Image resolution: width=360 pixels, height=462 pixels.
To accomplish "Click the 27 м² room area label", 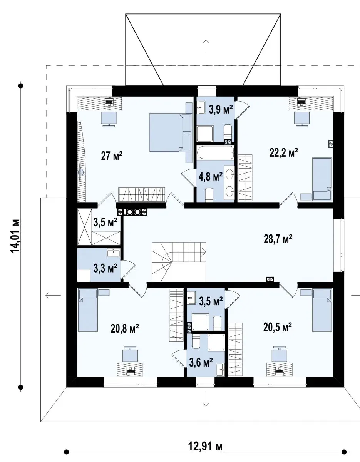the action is pos(112,156).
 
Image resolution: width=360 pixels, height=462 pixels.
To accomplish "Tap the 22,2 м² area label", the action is pos(284,153).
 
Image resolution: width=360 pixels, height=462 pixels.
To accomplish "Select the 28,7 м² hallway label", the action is pos(278,239).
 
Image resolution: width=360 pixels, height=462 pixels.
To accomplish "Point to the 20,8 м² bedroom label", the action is pos(125,328).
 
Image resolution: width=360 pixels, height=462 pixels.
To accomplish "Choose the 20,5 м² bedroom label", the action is pos(278,327).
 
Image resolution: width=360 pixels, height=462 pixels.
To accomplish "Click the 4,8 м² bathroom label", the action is pos(211,176).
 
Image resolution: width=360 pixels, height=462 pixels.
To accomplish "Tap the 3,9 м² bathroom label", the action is pos(221,109).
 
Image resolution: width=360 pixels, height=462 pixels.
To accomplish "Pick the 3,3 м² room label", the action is pos(105,268).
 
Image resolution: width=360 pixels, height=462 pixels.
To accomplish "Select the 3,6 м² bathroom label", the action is pos(201,363).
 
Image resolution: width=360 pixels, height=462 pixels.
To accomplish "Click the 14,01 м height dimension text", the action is pos(15,236).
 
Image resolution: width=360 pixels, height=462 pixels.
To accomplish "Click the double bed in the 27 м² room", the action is pos(166,133).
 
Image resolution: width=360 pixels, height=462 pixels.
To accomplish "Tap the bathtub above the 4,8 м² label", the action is pos(216,152).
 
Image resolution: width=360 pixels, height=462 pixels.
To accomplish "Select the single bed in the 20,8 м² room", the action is pos(88,310).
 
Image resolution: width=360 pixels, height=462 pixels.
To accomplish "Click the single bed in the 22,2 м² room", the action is pos(322,179).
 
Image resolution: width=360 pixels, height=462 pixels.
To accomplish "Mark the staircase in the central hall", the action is pos(179,262).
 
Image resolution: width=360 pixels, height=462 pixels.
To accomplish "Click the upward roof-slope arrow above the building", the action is pos(206,47).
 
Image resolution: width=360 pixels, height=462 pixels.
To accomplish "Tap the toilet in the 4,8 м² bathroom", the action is pos(209,195).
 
